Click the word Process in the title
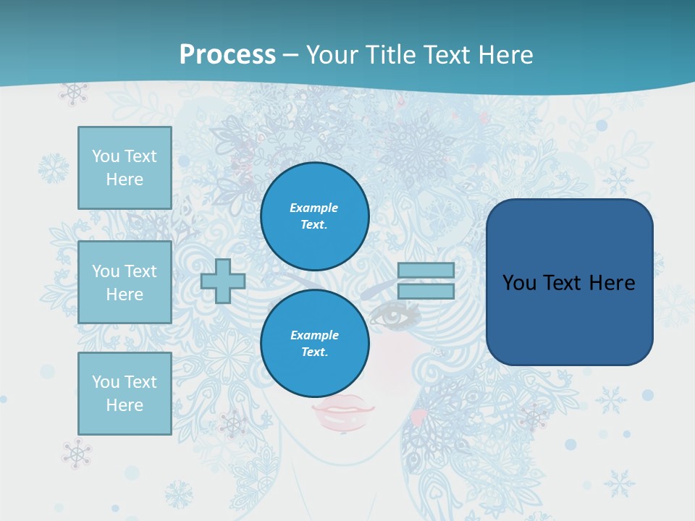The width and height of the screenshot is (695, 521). coord(227,54)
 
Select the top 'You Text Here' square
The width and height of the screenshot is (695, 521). coord(125,168)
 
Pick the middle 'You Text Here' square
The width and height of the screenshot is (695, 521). coord(125,282)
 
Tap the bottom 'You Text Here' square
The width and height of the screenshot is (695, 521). coord(125,394)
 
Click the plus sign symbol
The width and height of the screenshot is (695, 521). coord(223,281)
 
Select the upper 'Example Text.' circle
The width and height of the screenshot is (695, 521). coord(314,216)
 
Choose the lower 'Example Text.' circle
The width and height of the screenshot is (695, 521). coord(314,344)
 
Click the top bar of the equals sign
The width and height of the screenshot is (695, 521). coord(426,271)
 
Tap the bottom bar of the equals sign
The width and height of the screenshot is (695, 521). coord(426,291)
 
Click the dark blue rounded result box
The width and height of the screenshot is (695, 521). coord(569,282)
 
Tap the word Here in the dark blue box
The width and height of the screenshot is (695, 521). coord(612,283)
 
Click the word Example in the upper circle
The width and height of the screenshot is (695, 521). coord(314,208)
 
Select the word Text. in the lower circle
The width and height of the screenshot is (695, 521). coord(314,352)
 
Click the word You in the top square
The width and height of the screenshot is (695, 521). coord(106,156)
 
